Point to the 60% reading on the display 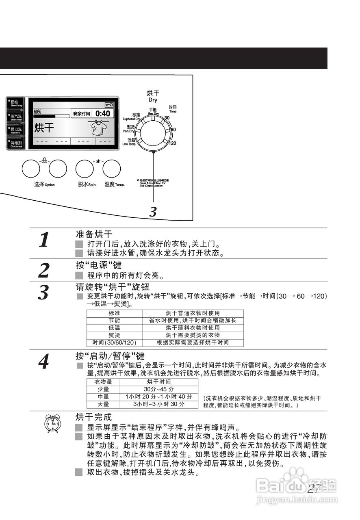37,111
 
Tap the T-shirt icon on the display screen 98,129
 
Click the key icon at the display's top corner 108,104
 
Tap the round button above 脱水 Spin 85,169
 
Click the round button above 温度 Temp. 111,169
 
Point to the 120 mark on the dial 172,143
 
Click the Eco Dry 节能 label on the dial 153,111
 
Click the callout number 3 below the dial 153,212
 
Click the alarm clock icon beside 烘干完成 52,423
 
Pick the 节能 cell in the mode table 114,321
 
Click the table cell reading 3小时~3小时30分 159,404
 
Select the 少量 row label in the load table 103,389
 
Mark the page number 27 314,489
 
